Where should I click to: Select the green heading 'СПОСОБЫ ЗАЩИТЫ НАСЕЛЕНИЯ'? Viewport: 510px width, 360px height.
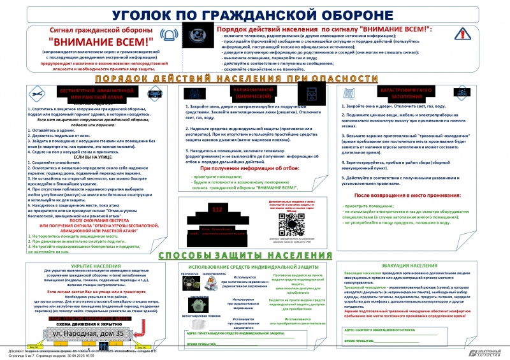point(255,255)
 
